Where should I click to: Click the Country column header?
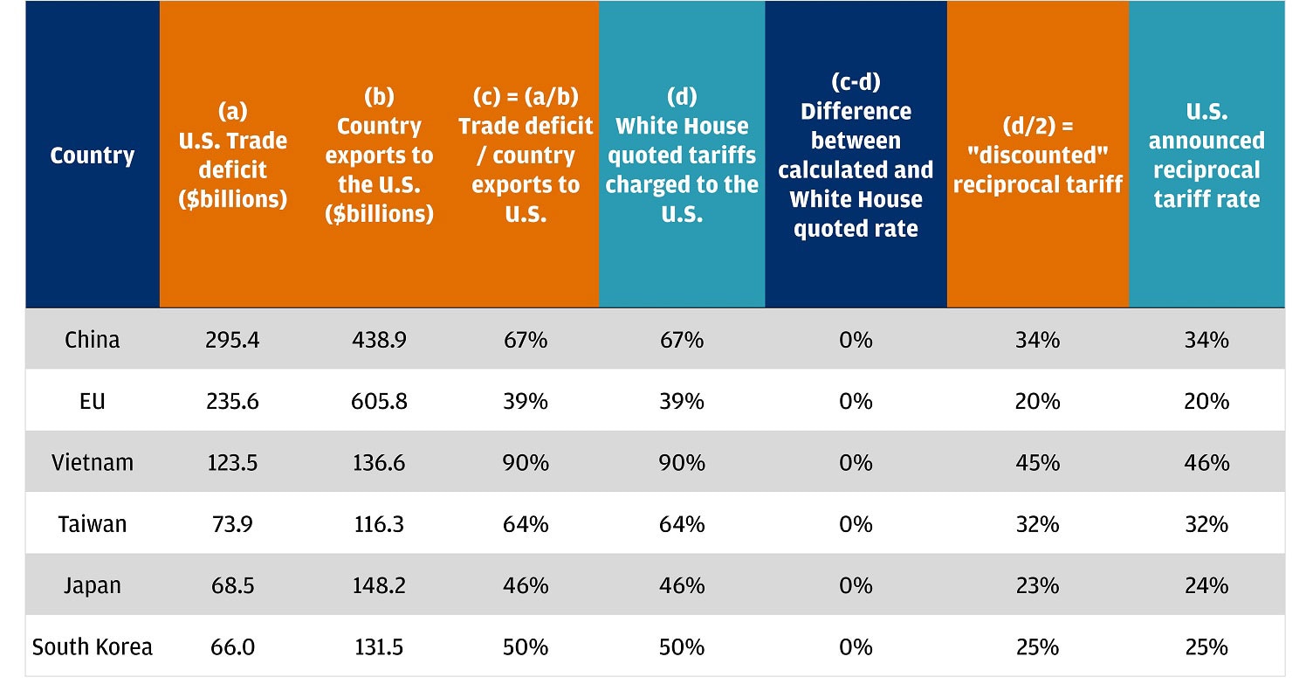point(93,155)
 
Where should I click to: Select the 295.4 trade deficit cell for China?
point(232,340)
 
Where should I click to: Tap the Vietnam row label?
point(93,462)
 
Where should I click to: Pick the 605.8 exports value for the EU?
point(378,401)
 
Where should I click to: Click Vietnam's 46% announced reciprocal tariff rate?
point(1206,462)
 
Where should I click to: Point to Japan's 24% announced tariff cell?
point(1206,585)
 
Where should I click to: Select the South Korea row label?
point(93,646)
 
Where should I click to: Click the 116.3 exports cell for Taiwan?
point(378,524)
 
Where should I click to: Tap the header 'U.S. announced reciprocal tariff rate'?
point(1206,155)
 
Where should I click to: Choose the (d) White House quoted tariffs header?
point(682,155)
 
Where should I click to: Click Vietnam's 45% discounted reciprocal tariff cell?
point(1037,462)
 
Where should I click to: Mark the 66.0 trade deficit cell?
point(232,646)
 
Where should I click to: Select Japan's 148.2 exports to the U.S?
point(378,585)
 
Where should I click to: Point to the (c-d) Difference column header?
point(856,155)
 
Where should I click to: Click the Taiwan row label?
point(93,524)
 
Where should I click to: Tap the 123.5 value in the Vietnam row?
point(232,462)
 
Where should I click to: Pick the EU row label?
point(93,401)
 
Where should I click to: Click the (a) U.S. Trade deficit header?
point(232,155)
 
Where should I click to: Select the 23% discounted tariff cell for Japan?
point(1037,585)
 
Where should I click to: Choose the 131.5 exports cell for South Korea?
point(378,646)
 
